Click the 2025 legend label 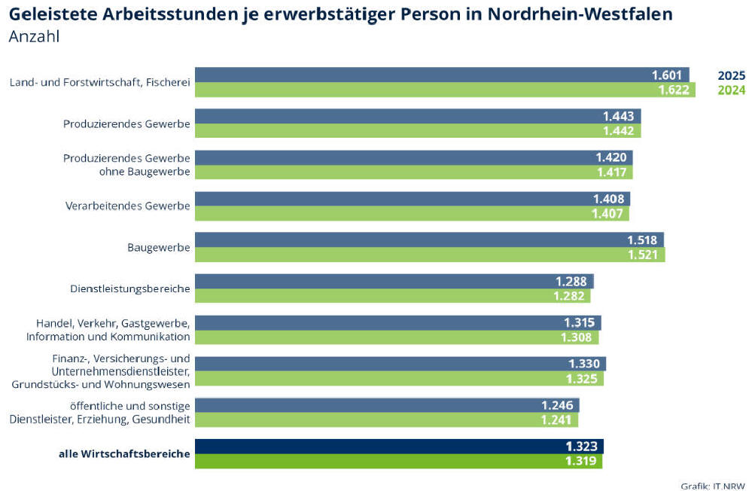coord(731,75)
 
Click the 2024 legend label coord(731,90)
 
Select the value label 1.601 coord(666,75)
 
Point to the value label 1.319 coord(581,461)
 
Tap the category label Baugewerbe coord(160,247)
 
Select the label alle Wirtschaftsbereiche coord(124,453)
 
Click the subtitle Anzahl coord(34,37)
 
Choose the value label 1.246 coord(557,405)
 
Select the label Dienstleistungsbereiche coord(129,288)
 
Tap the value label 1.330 coord(584,364)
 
